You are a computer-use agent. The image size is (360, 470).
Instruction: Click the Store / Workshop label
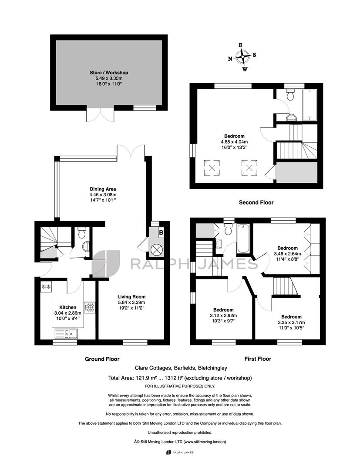click(x=109, y=73)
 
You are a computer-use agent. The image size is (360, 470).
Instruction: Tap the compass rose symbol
click(x=242, y=57)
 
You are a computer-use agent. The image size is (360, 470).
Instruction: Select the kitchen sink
click(x=66, y=333)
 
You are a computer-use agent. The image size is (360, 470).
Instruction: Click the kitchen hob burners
click(x=89, y=307)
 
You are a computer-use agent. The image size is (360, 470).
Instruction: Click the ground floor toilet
click(x=81, y=232)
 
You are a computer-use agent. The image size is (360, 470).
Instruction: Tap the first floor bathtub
click(x=243, y=239)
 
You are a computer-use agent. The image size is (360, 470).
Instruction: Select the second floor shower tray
click(x=310, y=104)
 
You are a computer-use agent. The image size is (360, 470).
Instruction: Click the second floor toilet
click(x=290, y=94)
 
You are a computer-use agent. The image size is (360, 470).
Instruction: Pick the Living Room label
click(x=131, y=297)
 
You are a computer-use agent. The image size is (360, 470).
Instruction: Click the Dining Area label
click(x=103, y=189)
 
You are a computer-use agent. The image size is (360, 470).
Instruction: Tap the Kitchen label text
click(x=68, y=307)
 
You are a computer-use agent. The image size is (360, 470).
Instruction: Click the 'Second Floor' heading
click(x=256, y=203)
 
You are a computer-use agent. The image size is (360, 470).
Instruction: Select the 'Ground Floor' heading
click(x=102, y=359)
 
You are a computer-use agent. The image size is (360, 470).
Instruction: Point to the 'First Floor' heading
click(x=258, y=359)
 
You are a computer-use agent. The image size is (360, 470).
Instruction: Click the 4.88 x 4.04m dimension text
click(x=234, y=142)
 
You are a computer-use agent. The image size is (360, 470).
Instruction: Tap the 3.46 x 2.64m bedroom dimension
click(x=287, y=254)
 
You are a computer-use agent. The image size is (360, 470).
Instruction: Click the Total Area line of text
click(x=180, y=378)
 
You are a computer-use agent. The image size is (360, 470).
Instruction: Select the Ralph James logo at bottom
click(x=180, y=452)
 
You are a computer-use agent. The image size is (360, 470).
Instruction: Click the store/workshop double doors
click(x=101, y=114)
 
